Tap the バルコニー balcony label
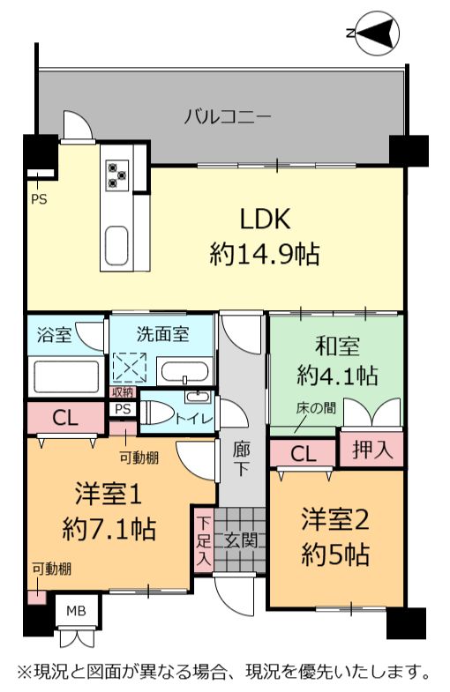227,117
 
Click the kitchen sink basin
116,245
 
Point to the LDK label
265,219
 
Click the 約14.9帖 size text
265,254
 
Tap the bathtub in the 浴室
66,376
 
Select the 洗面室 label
163,334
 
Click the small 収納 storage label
123,392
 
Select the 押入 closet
371,450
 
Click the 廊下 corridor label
241,460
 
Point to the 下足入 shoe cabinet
203,540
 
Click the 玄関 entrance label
241,540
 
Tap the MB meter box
76,611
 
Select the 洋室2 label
335,519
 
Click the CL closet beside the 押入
304,453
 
